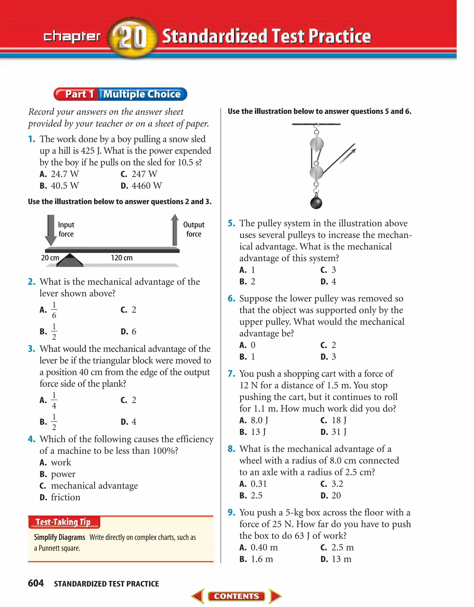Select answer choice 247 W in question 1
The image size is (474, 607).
(x=144, y=174)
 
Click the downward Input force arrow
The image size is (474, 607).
(x=51, y=230)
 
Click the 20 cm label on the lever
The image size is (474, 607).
(x=50, y=258)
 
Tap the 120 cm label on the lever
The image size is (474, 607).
(x=122, y=258)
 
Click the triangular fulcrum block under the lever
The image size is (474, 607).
(x=70, y=261)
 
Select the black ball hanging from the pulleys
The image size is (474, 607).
(x=316, y=203)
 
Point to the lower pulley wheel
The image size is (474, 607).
(x=316, y=172)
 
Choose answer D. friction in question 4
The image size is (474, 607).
(x=65, y=497)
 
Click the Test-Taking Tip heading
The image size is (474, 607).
(x=63, y=522)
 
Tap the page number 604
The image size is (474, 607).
(x=36, y=583)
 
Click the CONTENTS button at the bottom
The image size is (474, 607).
(x=236, y=596)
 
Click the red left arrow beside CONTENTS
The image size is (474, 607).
(x=198, y=596)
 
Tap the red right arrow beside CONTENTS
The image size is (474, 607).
(x=275, y=596)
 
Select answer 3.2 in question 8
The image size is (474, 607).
(x=337, y=484)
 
